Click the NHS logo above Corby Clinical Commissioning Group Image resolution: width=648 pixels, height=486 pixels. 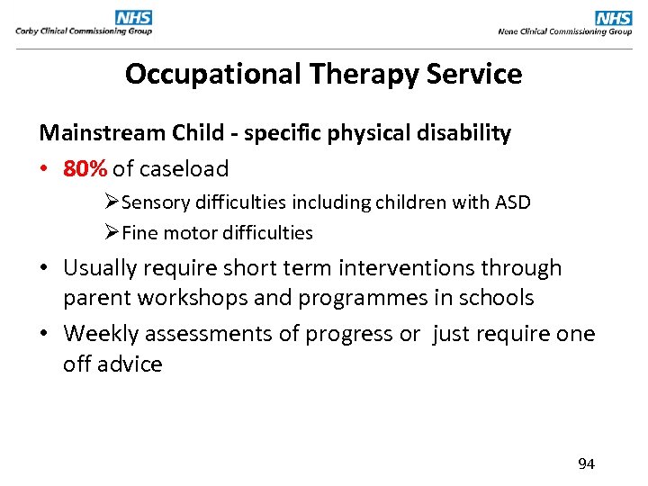(x=134, y=17)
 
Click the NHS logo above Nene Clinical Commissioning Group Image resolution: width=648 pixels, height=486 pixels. (x=614, y=17)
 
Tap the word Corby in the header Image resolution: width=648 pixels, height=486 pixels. (x=27, y=31)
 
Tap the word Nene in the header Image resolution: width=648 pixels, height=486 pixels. (x=509, y=31)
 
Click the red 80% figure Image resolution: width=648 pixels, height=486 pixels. (x=85, y=168)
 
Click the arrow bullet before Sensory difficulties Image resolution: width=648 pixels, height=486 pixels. (x=112, y=202)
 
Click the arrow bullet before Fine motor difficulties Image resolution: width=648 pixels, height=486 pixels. (x=112, y=233)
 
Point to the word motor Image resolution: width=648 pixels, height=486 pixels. (x=185, y=233)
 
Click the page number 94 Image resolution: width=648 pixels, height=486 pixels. (x=586, y=464)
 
